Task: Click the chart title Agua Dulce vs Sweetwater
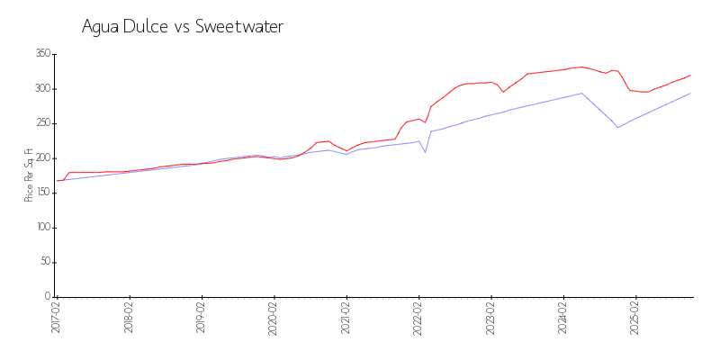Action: coord(183,27)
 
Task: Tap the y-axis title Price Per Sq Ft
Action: coord(29,175)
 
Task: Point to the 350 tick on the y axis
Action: coord(42,54)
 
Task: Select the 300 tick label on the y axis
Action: coord(42,89)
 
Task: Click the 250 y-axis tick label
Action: coord(42,123)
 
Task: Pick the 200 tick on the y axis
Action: coord(42,158)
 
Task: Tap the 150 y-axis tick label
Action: coord(42,193)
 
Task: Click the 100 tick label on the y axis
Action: coord(42,228)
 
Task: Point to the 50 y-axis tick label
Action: coord(44,262)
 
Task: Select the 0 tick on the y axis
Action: coord(48,297)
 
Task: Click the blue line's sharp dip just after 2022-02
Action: coord(425,152)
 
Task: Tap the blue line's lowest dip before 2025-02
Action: coord(617,127)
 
